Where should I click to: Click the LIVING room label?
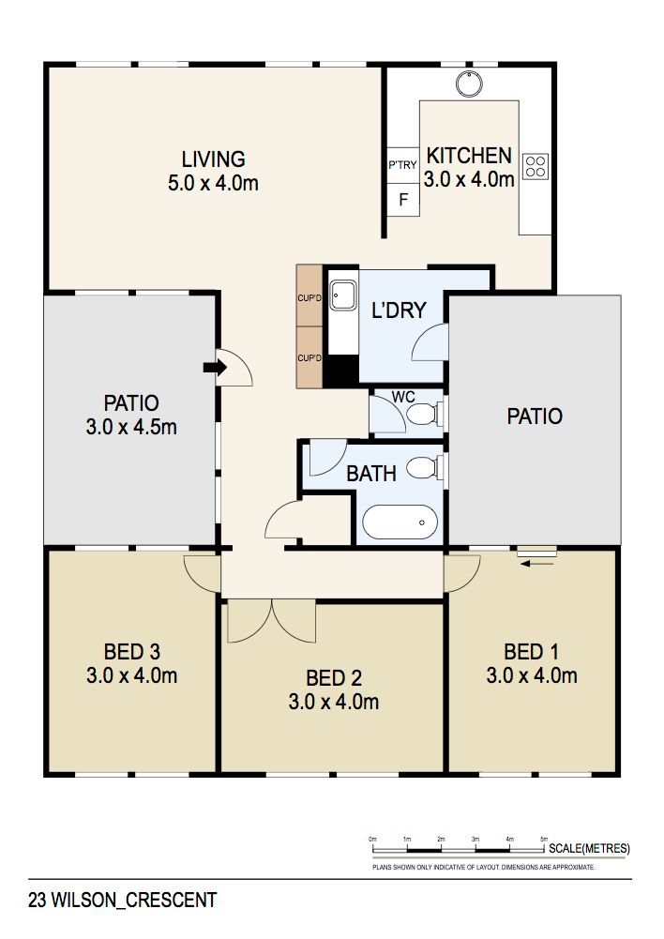(x=214, y=159)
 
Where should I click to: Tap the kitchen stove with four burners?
(x=536, y=166)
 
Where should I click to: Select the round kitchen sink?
(x=469, y=83)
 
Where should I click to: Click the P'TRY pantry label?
(x=402, y=165)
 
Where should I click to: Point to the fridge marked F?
(x=403, y=199)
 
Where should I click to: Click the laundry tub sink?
(x=343, y=295)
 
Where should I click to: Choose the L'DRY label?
(x=399, y=310)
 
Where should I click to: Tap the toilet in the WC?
(x=425, y=413)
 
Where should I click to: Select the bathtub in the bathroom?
(x=400, y=523)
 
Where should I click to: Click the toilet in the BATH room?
(x=425, y=468)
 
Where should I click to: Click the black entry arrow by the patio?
(x=215, y=367)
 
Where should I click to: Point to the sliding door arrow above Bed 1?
(x=537, y=563)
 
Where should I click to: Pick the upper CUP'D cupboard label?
(x=309, y=298)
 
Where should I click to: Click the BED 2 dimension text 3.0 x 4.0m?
(x=334, y=702)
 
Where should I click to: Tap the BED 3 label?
(x=131, y=652)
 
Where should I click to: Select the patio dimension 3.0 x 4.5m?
(x=131, y=427)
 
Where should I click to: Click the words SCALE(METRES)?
(x=589, y=848)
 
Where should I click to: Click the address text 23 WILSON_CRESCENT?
(x=122, y=901)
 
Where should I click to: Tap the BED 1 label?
(x=531, y=652)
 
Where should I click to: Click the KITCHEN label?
(x=470, y=156)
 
